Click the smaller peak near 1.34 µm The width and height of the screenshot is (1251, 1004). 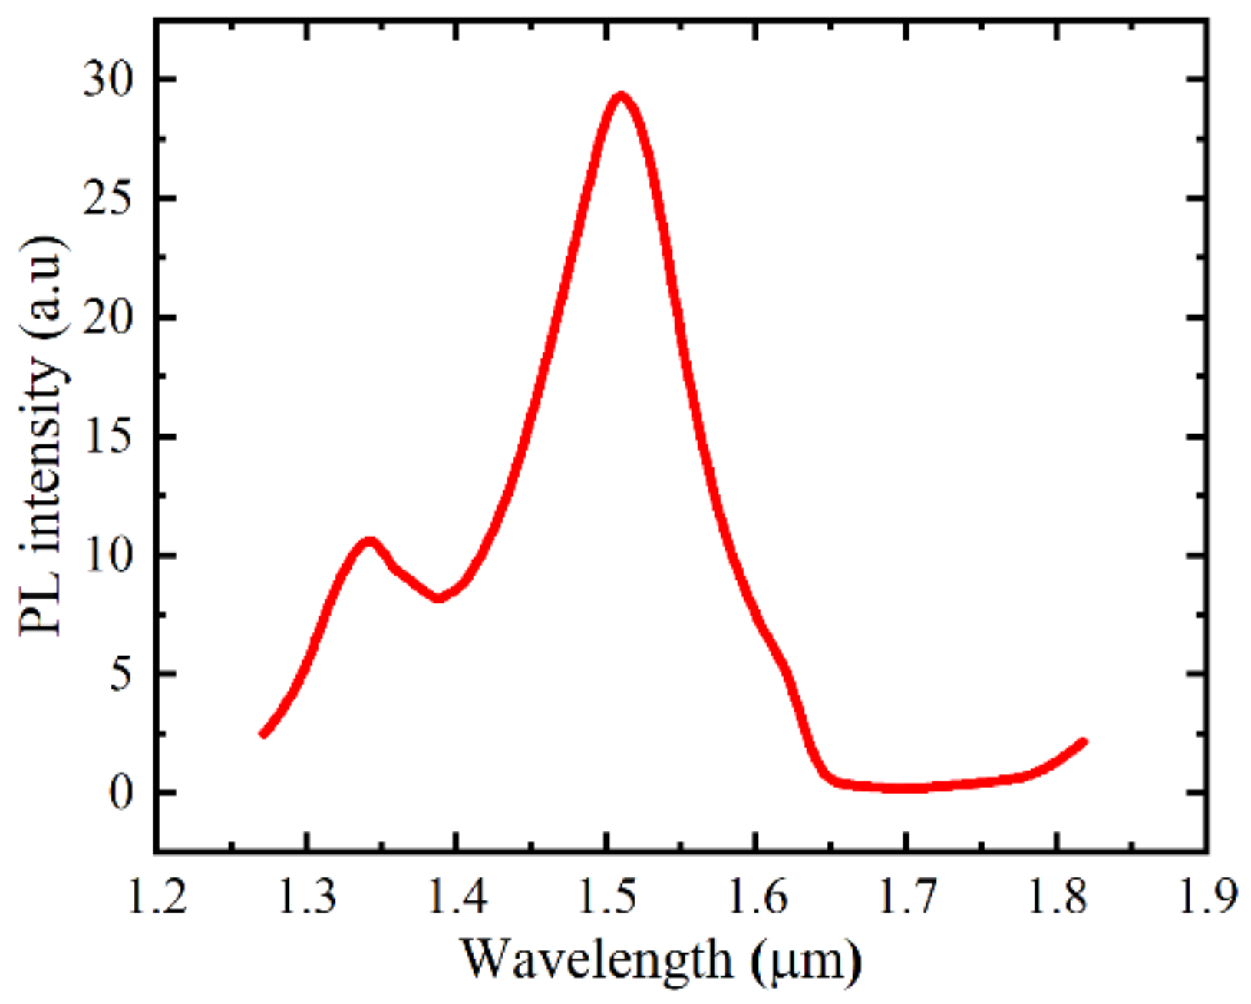pyautogui.click(x=369, y=541)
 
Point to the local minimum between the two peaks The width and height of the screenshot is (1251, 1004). pyautogui.click(x=438, y=598)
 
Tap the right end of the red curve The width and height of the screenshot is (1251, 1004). pyautogui.click(x=1084, y=741)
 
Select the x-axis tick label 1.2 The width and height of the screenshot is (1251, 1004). pyautogui.click(x=157, y=897)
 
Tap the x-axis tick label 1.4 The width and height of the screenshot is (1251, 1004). pyautogui.click(x=457, y=897)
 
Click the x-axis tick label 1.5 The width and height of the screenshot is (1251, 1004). pyautogui.click(x=607, y=897)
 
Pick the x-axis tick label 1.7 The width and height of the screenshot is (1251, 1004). pyautogui.click(x=907, y=897)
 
